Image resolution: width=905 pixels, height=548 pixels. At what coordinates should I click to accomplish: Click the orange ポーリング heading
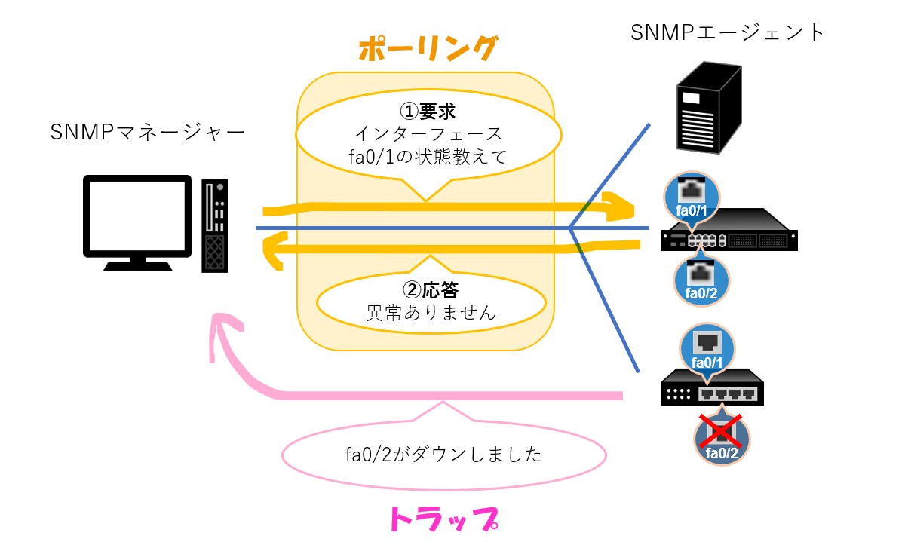(428, 49)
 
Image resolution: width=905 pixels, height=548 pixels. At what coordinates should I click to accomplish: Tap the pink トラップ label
(443, 519)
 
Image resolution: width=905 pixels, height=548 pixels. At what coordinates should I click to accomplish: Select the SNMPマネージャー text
(147, 133)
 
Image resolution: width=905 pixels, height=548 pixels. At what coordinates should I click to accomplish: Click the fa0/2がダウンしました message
(443, 455)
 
